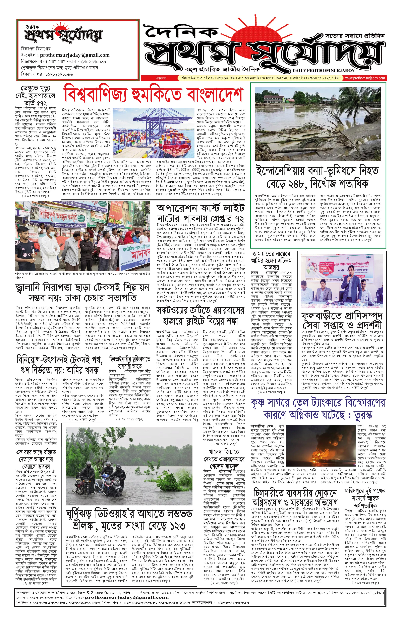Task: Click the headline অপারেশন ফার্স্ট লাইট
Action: click(201, 213)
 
